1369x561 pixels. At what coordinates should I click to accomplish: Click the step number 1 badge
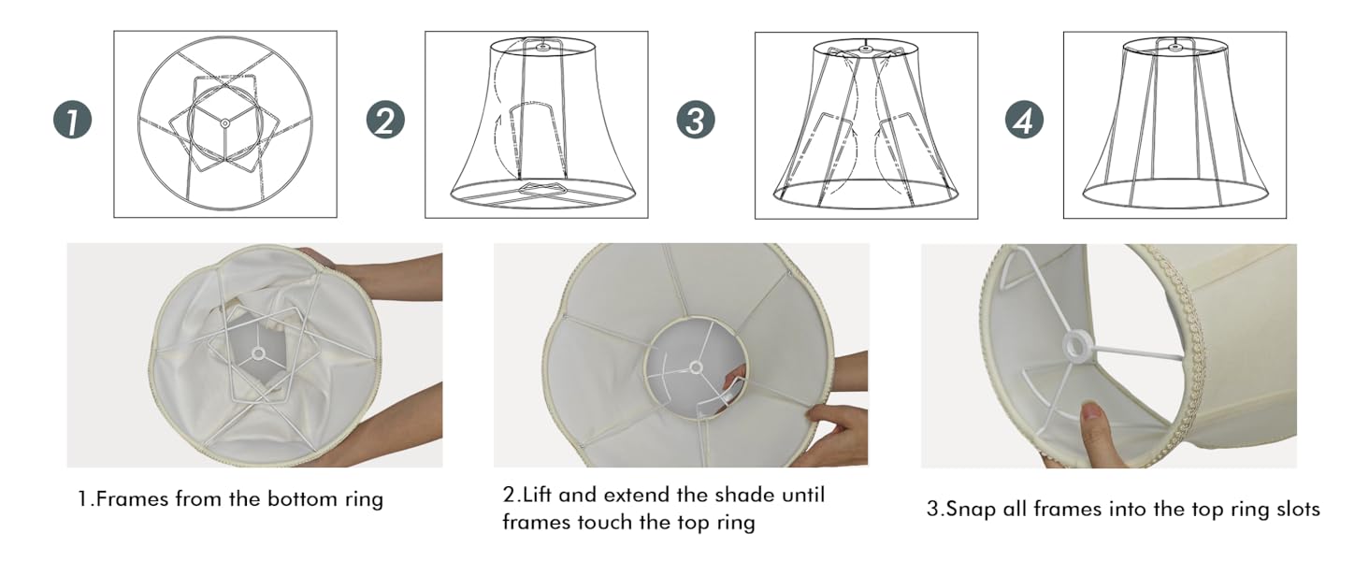[73, 122]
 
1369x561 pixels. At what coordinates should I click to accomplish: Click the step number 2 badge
[384, 122]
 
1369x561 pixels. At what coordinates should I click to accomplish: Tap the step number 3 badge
[696, 122]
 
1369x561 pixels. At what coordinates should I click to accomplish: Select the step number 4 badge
[1024, 122]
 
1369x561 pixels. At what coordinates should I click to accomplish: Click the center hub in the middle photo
[695, 368]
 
